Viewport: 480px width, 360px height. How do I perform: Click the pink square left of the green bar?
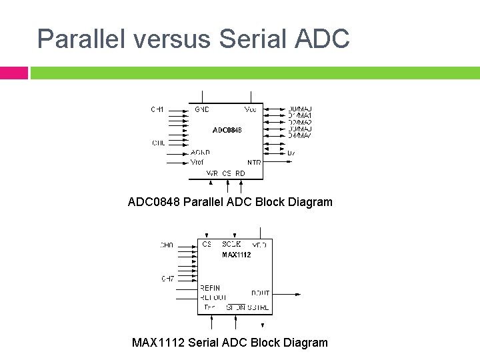coord(13,72)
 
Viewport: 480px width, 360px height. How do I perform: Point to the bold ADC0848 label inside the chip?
coord(226,129)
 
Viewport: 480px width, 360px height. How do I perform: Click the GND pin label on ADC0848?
coord(201,109)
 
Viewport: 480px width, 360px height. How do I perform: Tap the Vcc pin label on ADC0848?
coord(251,109)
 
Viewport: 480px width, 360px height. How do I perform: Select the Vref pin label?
coord(197,162)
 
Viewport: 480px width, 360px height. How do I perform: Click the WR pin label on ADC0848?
coord(212,173)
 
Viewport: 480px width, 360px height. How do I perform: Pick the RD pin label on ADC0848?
coord(241,173)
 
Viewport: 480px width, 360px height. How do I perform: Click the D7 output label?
coord(291,153)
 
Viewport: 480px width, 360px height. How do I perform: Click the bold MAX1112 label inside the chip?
coord(237,255)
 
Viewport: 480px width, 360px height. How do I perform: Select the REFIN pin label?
coord(210,288)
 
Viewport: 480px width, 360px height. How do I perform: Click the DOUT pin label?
coord(260,293)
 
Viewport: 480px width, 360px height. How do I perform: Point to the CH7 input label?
coord(167,278)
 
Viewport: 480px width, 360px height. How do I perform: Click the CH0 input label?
coord(166,245)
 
